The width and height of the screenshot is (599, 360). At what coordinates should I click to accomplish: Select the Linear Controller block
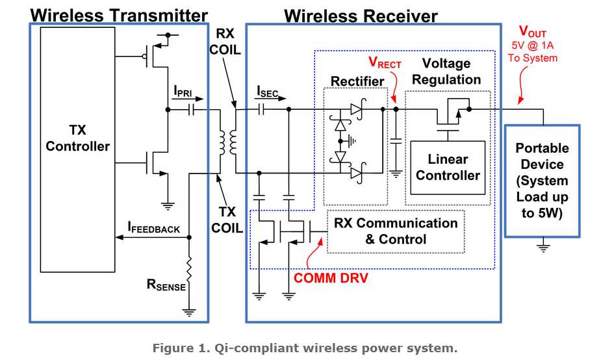448,167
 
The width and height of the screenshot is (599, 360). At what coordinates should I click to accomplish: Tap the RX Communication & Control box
396,231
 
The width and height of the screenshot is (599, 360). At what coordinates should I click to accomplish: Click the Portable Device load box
542,181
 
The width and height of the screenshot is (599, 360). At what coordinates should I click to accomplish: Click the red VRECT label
385,63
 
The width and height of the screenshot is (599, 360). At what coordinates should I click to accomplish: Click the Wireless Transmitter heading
119,15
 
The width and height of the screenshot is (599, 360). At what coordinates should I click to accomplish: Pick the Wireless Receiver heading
361,15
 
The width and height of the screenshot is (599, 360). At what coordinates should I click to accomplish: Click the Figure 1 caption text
305,348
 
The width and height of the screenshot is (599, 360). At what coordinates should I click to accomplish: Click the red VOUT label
532,31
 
